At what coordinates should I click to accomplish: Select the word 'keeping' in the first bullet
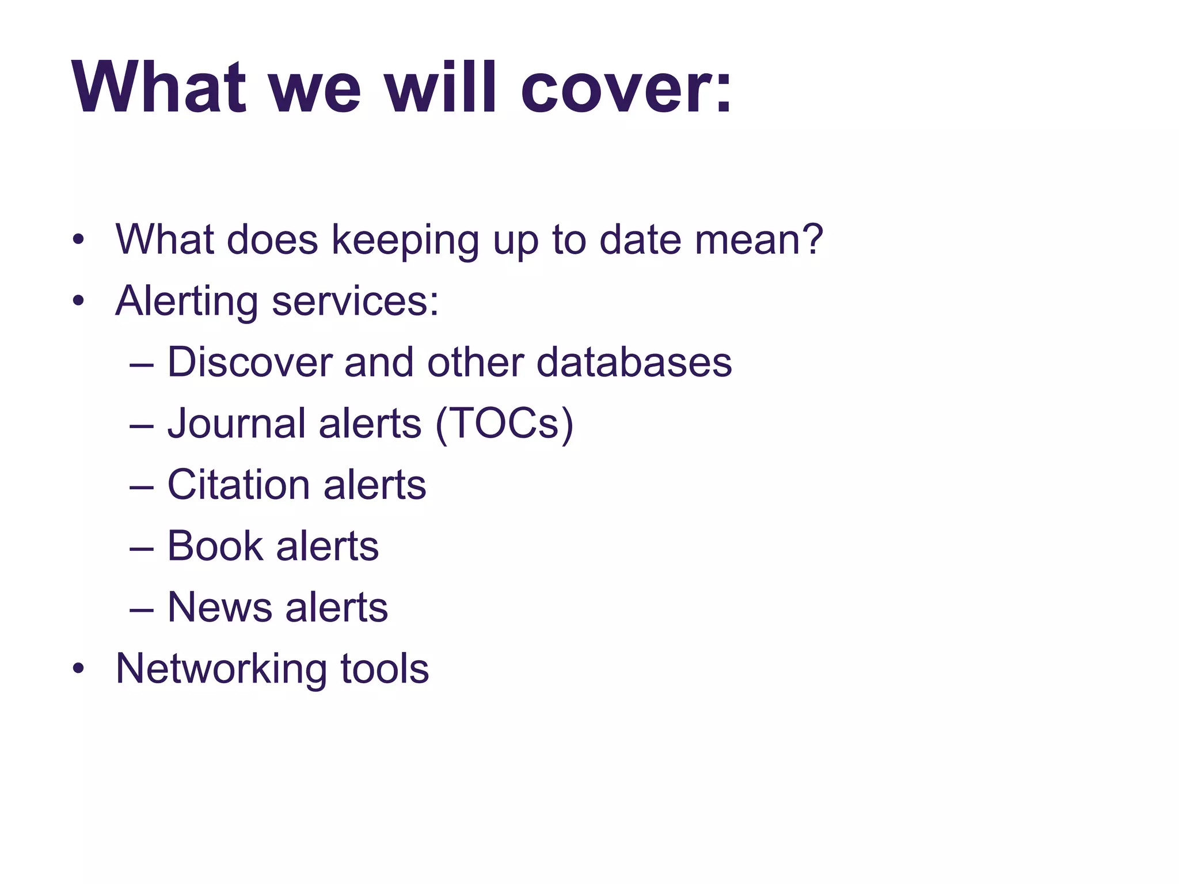pyautogui.click(x=405, y=241)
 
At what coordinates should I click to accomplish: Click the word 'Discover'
pyautogui.click(x=250, y=363)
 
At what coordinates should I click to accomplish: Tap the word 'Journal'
pyautogui.click(x=237, y=424)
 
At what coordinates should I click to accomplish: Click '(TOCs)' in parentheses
pyautogui.click(x=504, y=424)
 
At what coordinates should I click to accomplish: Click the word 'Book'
pyautogui.click(x=215, y=546)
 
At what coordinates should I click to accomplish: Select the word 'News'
pyautogui.click(x=219, y=607)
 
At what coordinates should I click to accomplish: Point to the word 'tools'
pyautogui.click(x=385, y=669)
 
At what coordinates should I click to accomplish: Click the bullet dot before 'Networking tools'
pyautogui.click(x=79, y=669)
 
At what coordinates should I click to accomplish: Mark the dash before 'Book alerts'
pyautogui.click(x=142, y=548)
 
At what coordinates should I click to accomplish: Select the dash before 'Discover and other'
pyautogui.click(x=142, y=365)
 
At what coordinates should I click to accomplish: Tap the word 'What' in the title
pyautogui.click(x=159, y=87)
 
